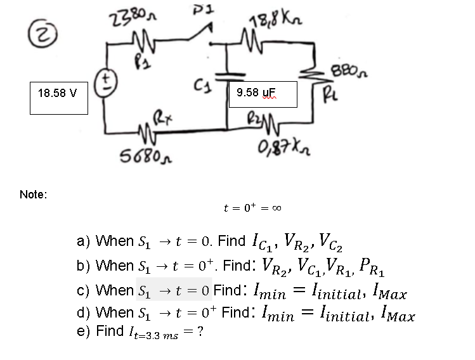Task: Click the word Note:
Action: click(x=33, y=195)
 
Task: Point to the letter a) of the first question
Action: click(x=83, y=241)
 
